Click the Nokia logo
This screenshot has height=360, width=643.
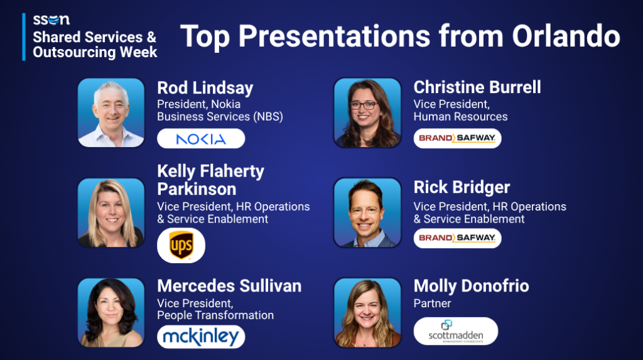point(201,139)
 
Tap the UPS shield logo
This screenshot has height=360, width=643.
point(181,245)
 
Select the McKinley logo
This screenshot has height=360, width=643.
point(201,337)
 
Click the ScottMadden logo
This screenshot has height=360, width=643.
point(456,331)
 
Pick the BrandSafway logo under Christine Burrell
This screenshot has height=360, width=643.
point(457,138)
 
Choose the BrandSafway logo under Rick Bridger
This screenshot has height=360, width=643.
point(457,238)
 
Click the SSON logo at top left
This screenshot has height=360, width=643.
point(51,19)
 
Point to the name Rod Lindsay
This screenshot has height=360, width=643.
point(205,88)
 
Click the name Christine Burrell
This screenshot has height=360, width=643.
point(477,87)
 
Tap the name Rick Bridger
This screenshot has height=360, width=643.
point(462,187)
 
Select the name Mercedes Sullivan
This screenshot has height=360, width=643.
point(229,286)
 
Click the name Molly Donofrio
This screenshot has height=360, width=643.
point(471,286)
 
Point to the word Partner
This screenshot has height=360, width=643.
point(432,303)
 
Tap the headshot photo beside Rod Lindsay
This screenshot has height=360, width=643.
point(111,112)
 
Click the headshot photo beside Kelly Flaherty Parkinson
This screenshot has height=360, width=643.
point(111,212)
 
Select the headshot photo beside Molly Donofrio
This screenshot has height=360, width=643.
point(367,312)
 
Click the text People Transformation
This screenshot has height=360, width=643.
point(215,315)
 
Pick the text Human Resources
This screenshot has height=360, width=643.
point(460,117)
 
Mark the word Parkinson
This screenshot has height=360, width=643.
point(197,189)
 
